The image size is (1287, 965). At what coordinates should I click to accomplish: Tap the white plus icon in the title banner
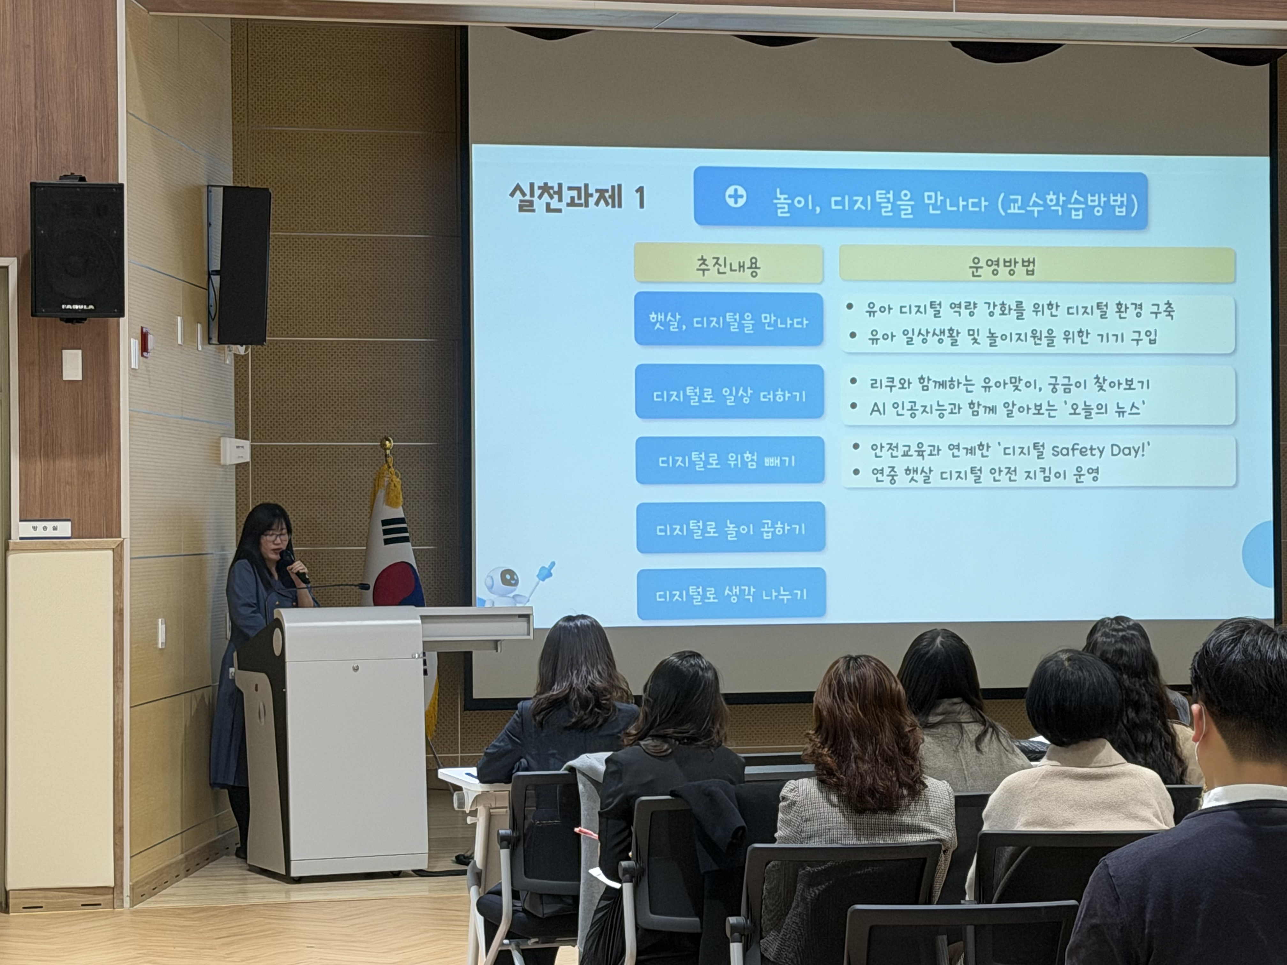point(735,198)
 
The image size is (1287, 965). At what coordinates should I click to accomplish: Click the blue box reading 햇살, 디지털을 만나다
point(728,320)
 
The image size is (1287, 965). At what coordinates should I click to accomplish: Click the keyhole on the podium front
point(356,668)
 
